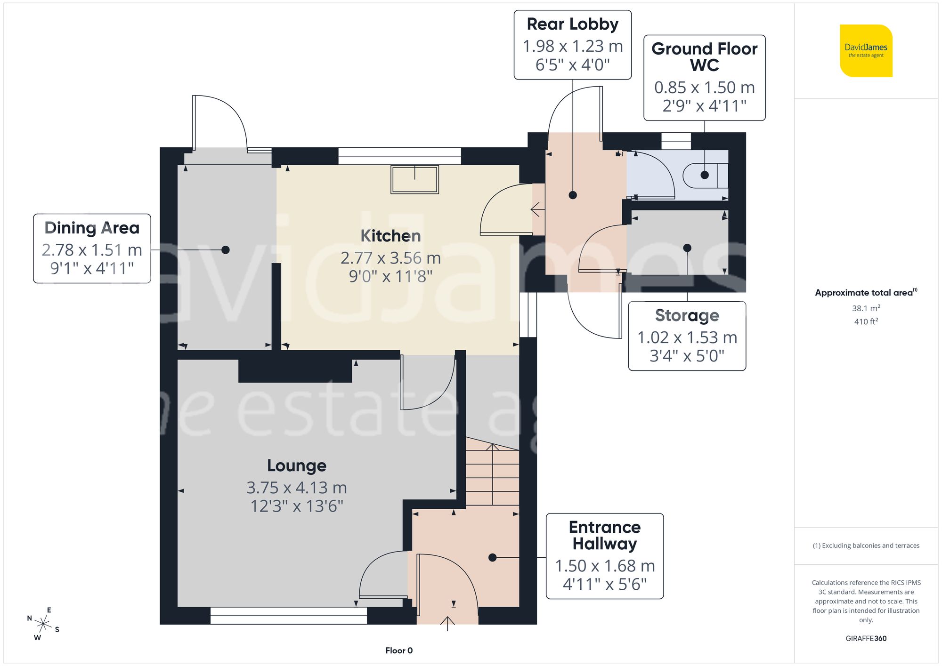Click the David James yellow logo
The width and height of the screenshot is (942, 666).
[x=866, y=51]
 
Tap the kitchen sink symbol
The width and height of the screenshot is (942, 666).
[x=414, y=179]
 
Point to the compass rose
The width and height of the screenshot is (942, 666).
[x=43, y=624]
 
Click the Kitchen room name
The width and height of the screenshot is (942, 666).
[x=390, y=236]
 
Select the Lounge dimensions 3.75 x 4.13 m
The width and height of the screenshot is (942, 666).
[x=296, y=488]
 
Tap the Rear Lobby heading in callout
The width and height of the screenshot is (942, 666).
[x=572, y=24]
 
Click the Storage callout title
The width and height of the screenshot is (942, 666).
[x=687, y=315]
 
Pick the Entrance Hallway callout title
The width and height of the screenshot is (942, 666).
[x=604, y=535]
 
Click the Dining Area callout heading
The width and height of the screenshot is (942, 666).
[x=92, y=228]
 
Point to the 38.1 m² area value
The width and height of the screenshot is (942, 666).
[x=866, y=308]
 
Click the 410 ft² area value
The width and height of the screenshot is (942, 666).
[x=866, y=321]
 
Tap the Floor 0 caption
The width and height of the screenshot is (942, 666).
[x=398, y=650]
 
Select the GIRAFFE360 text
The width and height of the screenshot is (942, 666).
[x=866, y=639]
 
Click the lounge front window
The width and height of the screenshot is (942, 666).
[x=288, y=616]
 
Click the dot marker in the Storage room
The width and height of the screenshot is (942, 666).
[x=687, y=248]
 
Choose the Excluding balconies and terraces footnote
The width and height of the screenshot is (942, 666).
[x=866, y=546]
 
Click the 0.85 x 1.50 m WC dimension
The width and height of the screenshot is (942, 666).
[x=704, y=88]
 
